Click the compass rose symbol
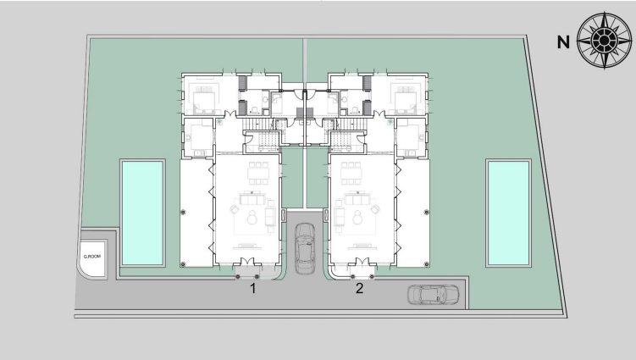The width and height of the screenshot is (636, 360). click(604, 40)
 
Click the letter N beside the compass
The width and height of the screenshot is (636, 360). click(563, 42)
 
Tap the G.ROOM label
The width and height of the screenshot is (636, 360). click(92, 257)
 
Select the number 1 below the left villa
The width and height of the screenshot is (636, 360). click(253, 289)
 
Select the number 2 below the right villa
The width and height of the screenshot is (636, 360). click(359, 289)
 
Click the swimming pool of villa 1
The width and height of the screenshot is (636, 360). click(142, 213)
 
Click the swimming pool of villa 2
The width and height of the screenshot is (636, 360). click(508, 213)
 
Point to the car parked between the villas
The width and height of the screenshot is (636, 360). click(305, 248)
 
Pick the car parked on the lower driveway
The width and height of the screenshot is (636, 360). click(434, 295)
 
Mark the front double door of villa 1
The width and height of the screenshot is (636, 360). click(247, 262)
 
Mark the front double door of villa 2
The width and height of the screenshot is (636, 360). click(362, 262)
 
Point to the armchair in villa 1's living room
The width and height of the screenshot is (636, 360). click(235, 209)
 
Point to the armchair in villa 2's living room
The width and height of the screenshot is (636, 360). click(375, 209)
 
